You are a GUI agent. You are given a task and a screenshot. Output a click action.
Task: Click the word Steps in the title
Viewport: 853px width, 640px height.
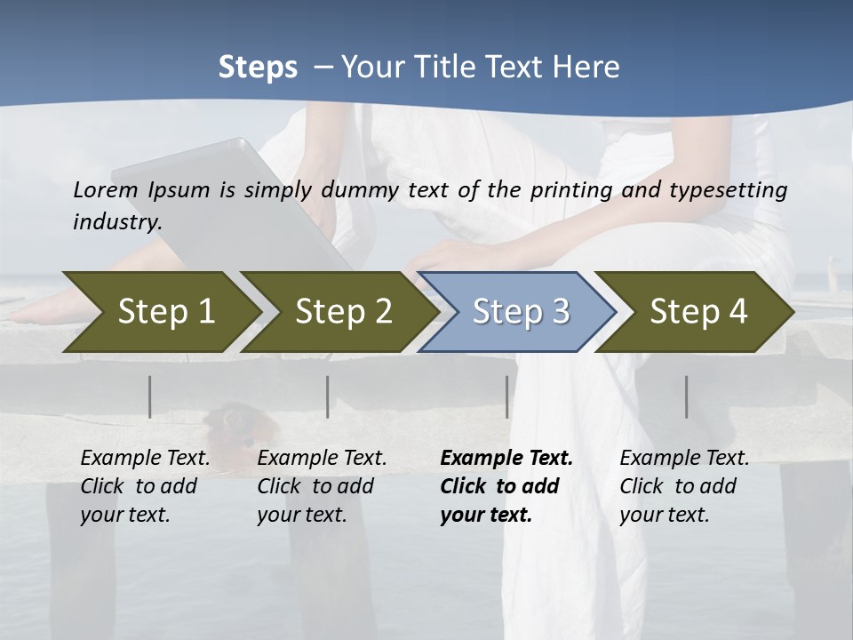point(258,67)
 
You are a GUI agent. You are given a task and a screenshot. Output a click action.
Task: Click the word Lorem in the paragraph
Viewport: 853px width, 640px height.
point(106,189)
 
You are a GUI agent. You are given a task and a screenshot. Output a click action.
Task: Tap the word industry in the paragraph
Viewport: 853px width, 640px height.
point(117,221)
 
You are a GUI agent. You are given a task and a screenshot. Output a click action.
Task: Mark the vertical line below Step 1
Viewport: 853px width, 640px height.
point(150,396)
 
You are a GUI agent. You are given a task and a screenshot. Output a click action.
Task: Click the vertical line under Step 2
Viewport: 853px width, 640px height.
point(328,396)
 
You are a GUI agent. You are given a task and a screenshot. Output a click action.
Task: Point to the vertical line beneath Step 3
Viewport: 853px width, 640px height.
point(506,396)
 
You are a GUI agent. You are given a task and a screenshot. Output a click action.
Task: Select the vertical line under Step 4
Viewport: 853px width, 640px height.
point(686,396)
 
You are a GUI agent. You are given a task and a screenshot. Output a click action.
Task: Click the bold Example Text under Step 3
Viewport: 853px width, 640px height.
point(506,459)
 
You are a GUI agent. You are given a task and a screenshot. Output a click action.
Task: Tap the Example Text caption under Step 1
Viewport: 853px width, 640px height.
point(145,459)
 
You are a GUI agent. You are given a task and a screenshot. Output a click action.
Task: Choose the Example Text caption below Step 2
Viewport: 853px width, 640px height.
point(322,459)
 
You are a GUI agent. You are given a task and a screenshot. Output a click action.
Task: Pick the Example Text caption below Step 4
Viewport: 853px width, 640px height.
point(684,459)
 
